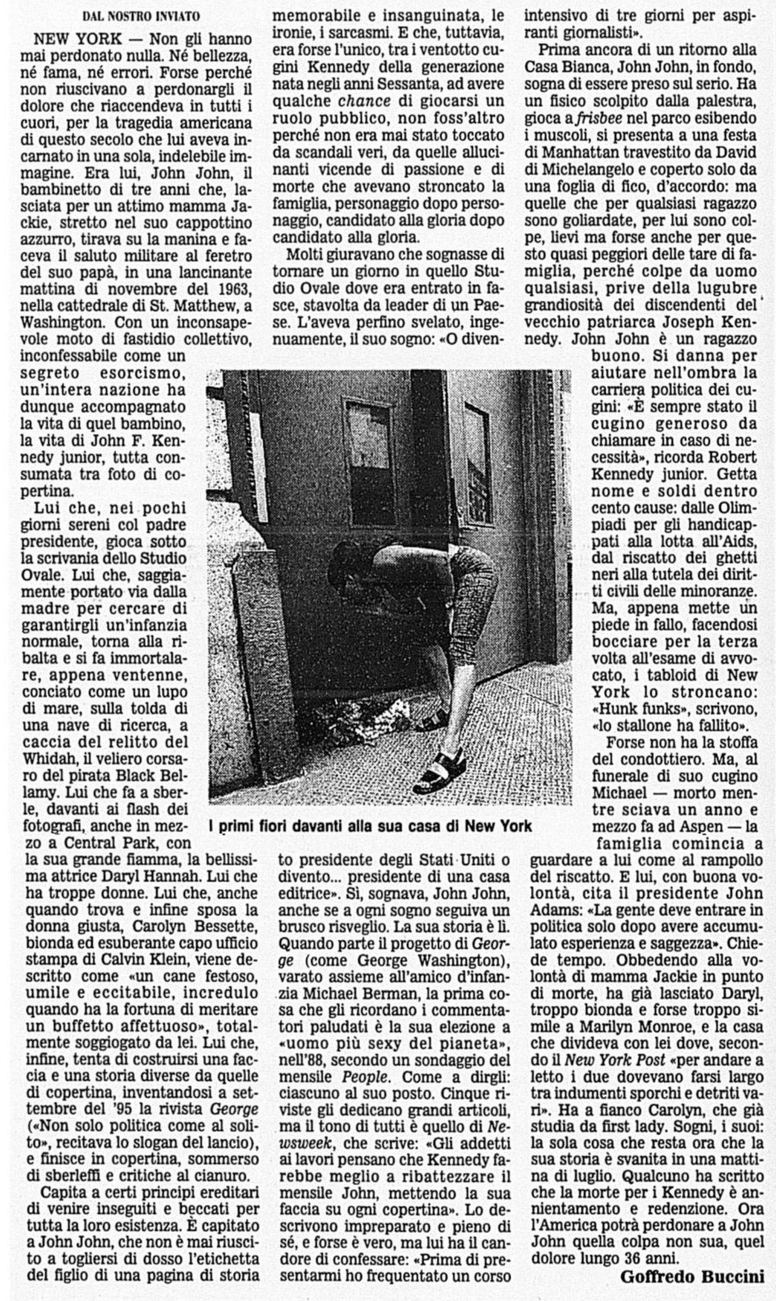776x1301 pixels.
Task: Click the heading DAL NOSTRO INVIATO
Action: click(x=141, y=16)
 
